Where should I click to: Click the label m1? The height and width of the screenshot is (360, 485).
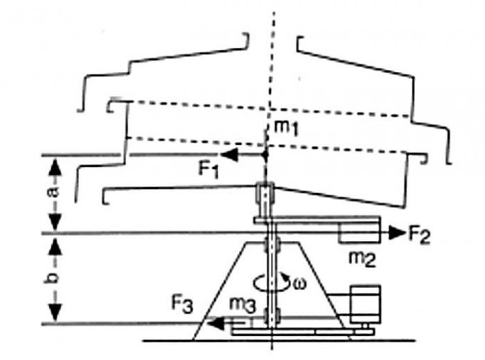286,128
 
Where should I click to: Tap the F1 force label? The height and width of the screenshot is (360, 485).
208,170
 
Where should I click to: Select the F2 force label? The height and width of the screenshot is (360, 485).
419,235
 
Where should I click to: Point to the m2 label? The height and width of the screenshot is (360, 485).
362,259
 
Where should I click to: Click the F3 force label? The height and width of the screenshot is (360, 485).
182,304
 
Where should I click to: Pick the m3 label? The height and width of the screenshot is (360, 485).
242,305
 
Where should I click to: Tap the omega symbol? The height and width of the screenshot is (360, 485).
299,284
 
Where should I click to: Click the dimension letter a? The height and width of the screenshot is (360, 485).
54,192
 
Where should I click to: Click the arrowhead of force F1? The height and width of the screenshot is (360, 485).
229,154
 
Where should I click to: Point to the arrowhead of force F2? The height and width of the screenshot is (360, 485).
397,232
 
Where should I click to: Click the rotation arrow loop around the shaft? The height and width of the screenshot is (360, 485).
271,282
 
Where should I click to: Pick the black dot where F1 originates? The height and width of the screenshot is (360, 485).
265,154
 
